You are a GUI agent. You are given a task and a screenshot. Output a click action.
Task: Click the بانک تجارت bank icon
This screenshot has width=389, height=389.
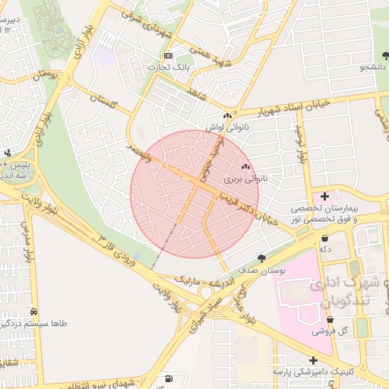tap(169, 56)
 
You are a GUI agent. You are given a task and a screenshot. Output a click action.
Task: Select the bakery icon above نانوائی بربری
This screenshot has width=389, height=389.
tap(245, 167)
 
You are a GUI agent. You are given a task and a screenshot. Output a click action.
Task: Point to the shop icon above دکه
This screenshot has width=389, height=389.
tap(325, 237)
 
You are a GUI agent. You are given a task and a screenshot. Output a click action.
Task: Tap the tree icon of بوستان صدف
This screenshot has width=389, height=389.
tap(262, 258)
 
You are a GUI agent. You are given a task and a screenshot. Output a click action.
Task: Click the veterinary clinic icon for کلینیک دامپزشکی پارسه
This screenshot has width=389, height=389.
tap(313, 360)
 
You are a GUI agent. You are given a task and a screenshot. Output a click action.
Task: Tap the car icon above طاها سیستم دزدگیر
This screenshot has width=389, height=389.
tap(34, 312)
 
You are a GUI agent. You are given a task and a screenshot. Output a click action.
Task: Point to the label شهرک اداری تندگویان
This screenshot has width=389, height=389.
tap(338, 293)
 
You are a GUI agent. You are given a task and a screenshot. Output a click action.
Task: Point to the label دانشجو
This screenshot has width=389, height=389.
tap(373, 68)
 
